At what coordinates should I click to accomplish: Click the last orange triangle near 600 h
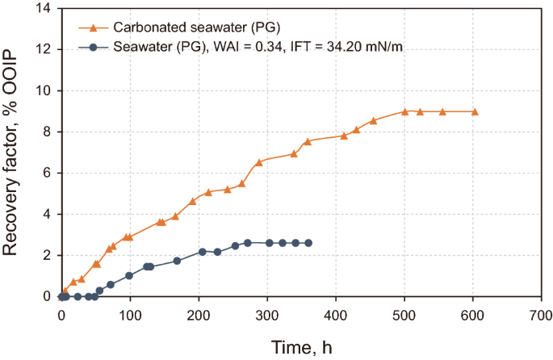click(475, 111)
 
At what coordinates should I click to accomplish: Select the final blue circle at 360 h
click(308, 243)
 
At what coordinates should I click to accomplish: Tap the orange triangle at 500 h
click(405, 111)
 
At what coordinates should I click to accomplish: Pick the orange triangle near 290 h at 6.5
click(259, 162)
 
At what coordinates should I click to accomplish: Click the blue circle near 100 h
click(129, 275)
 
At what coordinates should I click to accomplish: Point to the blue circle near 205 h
click(203, 252)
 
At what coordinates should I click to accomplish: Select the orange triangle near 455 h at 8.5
click(373, 121)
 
